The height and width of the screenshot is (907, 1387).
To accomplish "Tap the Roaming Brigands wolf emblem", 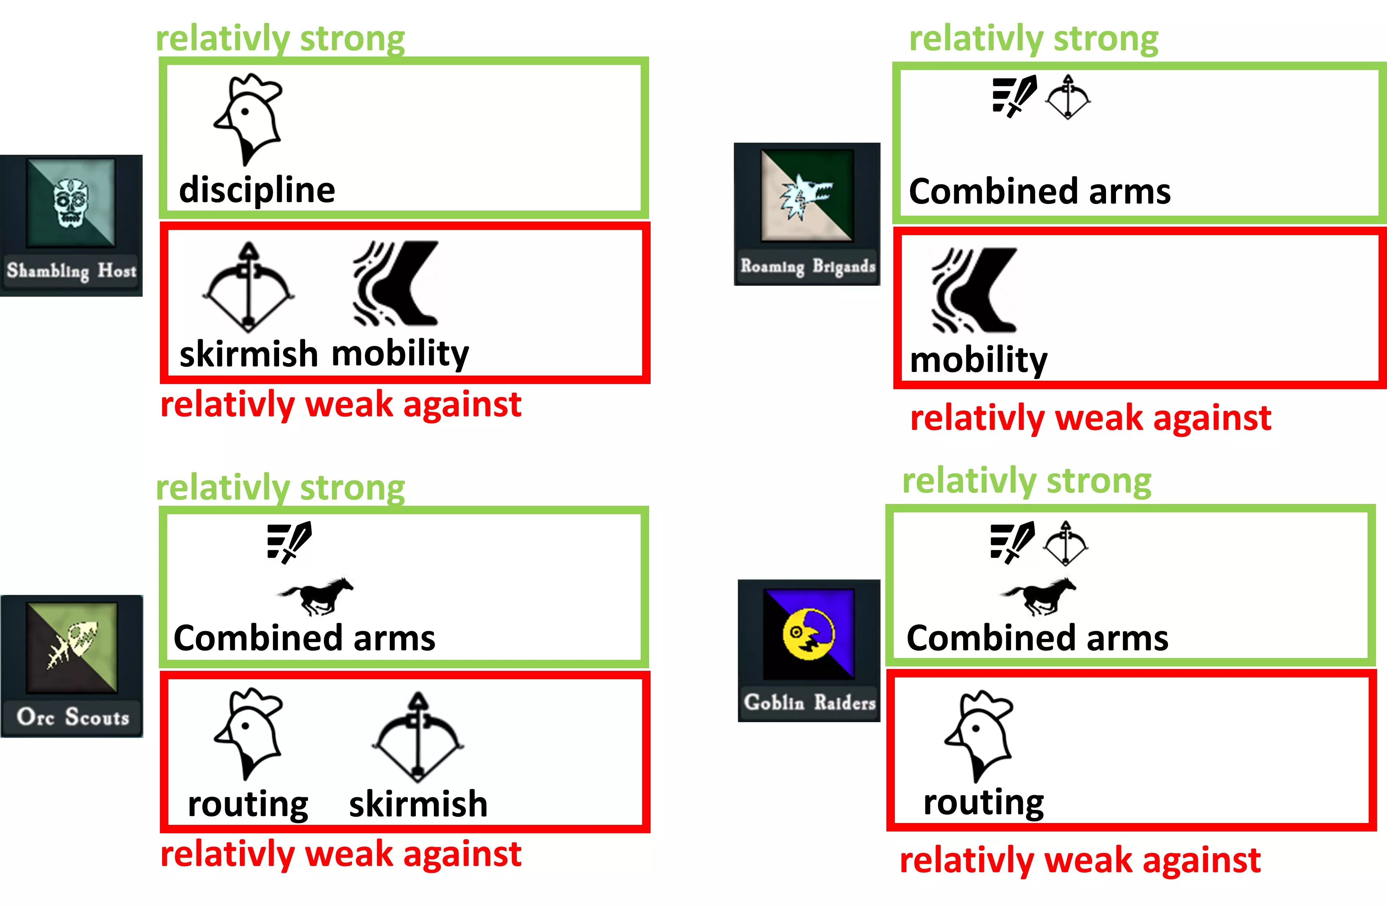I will tap(806, 196).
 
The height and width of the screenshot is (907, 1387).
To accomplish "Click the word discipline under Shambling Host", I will tap(257, 190).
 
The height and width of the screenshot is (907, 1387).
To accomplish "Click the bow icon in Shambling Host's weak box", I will tap(248, 287).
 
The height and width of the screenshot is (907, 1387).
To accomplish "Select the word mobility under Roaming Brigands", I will tap(978, 360).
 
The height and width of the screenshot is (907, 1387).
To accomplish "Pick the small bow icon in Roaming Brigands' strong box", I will tap(1068, 97).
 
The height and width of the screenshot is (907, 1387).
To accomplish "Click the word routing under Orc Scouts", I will tap(248, 804).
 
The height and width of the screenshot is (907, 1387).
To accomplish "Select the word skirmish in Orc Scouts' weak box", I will tap(418, 804).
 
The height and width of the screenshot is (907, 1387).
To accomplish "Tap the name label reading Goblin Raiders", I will tap(809, 702).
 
